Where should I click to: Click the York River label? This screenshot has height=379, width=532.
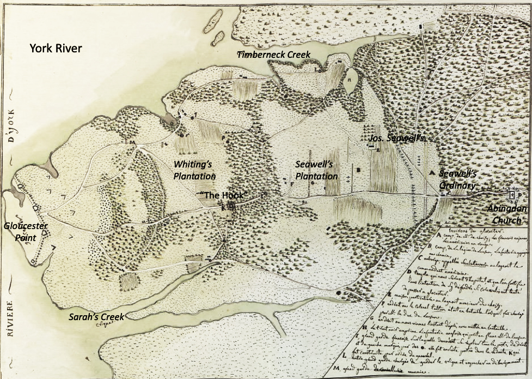pyautogui.click(x=56, y=49)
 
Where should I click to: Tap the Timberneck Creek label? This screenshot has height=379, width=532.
pyautogui.click(x=274, y=55)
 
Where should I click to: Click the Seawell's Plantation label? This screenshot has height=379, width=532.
pyautogui.click(x=316, y=170)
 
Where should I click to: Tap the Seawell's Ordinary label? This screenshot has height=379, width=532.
pyautogui.click(x=458, y=179)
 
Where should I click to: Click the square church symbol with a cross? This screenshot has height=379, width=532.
pyautogui.click(x=512, y=194)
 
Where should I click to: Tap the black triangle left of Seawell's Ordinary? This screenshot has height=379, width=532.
pyautogui.click(x=432, y=172)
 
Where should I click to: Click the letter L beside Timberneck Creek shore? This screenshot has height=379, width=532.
pyautogui.click(x=316, y=69)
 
